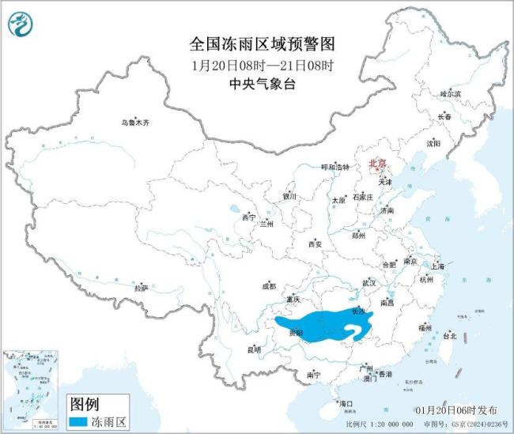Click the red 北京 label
click(378, 163)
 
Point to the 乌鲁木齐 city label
click(134, 123)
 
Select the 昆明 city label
click(253, 349)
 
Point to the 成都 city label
click(268, 286)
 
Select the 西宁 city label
click(249, 217)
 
